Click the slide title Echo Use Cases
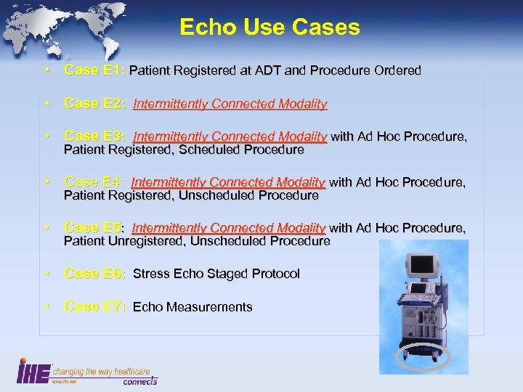tap(269, 28)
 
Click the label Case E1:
tap(94, 70)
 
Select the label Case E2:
tap(94, 104)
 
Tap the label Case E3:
tap(94, 136)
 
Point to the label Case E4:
tap(94, 182)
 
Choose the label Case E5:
tap(94, 228)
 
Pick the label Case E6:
tap(94, 274)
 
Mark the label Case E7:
tap(94, 307)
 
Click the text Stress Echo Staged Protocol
tap(216, 274)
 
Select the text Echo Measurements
tap(192, 307)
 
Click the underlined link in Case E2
tap(230, 104)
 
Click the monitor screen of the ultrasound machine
tap(423, 266)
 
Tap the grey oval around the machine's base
tap(423, 357)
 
